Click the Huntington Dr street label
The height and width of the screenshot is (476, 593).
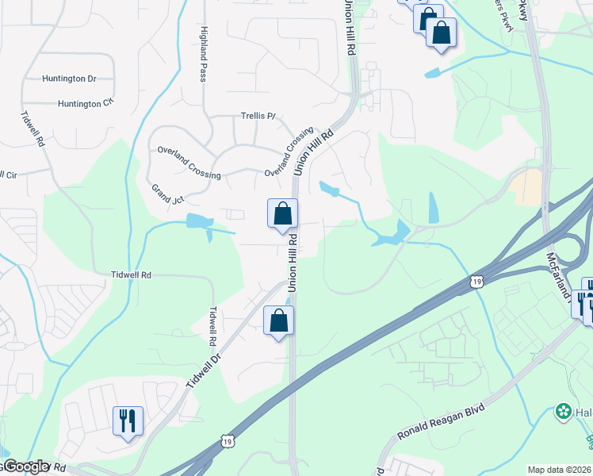(x=69, y=79)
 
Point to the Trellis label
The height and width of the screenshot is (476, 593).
(x=258, y=116)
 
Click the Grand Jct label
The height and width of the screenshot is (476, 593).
(x=167, y=193)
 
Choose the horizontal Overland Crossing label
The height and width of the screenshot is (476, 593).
(x=189, y=163)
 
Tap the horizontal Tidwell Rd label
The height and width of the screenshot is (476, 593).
(x=131, y=274)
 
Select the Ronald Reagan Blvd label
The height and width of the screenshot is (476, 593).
(x=440, y=420)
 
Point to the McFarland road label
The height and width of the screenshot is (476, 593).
(x=558, y=278)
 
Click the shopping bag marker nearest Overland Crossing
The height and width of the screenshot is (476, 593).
(x=283, y=213)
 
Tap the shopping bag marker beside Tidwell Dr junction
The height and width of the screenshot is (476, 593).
(x=278, y=321)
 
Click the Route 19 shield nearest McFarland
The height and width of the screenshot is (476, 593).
(x=476, y=281)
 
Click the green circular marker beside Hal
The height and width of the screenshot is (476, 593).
(x=563, y=411)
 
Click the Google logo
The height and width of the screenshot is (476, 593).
(x=26, y=466)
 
